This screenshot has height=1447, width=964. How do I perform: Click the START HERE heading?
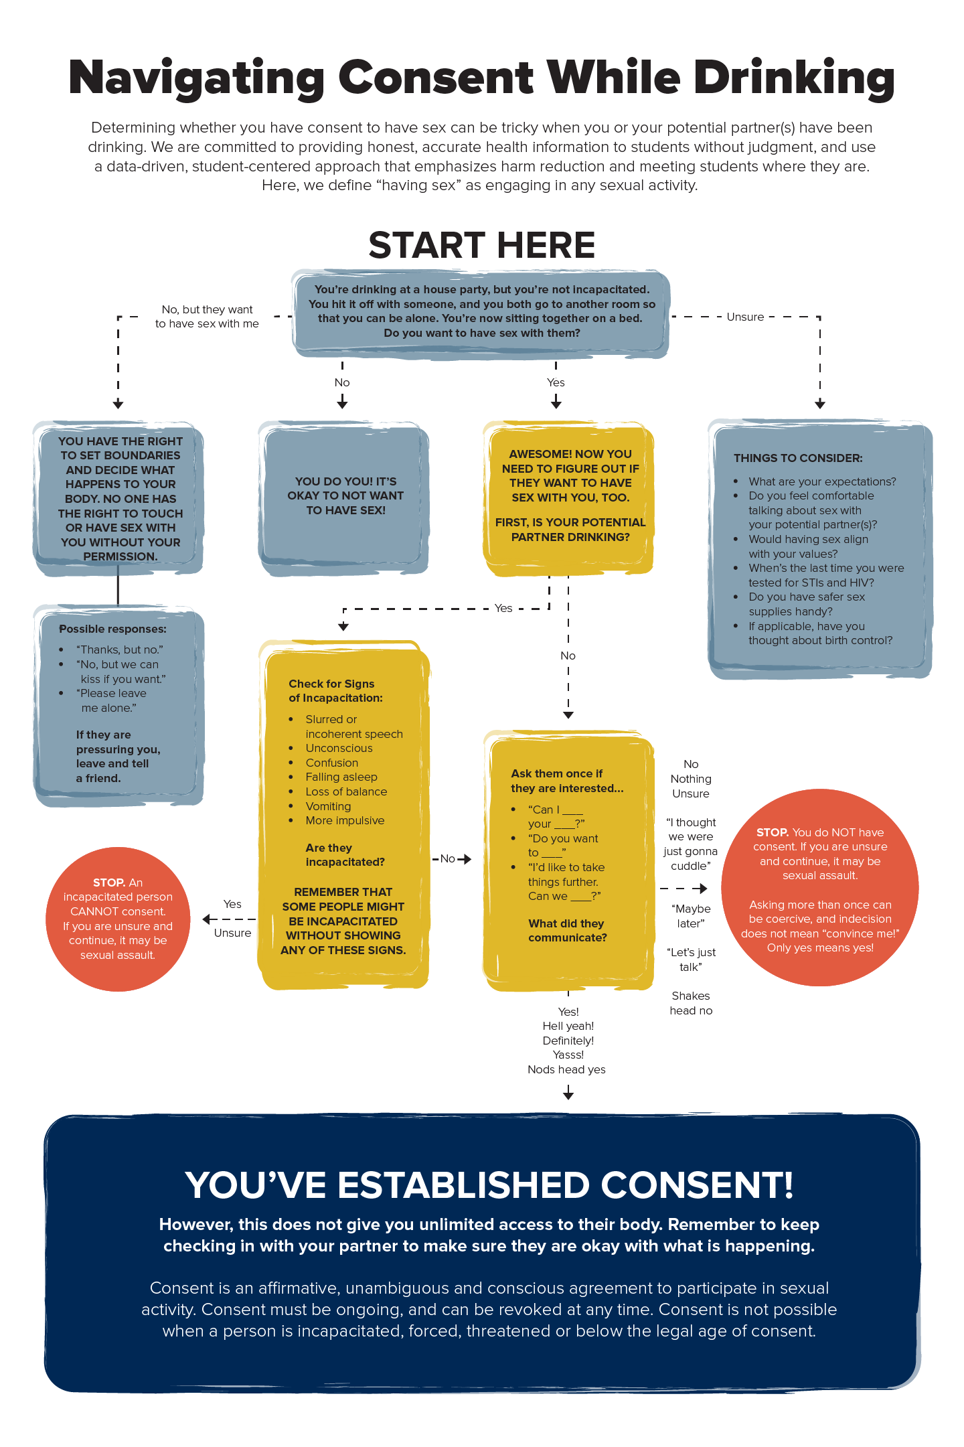coord(481,245)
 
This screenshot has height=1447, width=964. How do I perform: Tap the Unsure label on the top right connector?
coord(745,317)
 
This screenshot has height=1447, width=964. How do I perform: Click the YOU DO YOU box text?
coord(345,496)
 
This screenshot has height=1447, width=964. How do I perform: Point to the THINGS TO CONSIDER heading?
coord(798,458)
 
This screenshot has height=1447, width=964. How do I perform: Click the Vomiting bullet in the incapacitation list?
coord(328,806)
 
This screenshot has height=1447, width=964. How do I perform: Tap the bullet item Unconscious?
coord(339,748)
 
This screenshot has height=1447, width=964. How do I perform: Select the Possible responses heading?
coord(112,629)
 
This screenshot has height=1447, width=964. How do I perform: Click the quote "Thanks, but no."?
coord(120,650)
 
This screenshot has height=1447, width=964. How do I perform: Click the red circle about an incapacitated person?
coord(118,919)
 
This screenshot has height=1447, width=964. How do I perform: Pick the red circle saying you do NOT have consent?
coord(819,887)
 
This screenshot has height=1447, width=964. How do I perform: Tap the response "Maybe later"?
coord(691,916)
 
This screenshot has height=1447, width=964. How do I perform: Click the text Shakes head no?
coord(691,1003)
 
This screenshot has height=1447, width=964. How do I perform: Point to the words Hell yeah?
coord(568,1026)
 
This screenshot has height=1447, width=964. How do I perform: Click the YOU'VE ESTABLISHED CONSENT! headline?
coord(489,1185)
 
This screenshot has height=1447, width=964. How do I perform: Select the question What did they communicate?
coord(567,930)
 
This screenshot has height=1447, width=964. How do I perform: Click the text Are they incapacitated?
coord(345,855)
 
